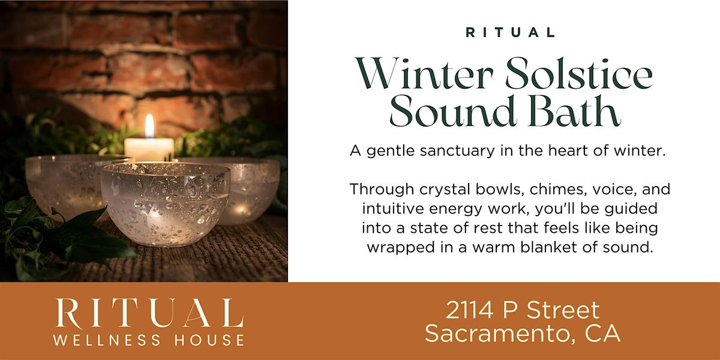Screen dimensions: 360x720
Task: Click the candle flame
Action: coord(149,126)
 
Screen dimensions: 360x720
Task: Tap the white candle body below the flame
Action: coord(149,149)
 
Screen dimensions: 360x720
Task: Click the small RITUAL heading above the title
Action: coord(511,33)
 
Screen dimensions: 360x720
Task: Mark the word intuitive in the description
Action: coord(393,209)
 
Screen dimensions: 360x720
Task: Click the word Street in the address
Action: coord(563,311)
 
